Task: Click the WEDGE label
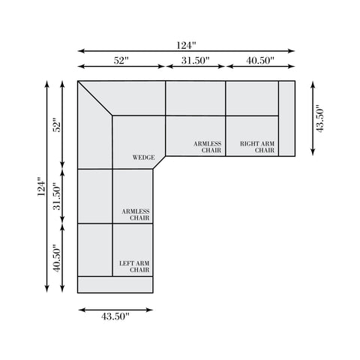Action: point(143,157)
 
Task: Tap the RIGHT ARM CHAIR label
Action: point(257,147)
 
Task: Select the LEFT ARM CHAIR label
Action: point(134,266)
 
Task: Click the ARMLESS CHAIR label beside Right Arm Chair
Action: point(208,147)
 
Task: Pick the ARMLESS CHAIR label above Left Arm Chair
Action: point(136,214)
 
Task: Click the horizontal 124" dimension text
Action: point(186,46)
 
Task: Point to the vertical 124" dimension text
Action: point(41,187)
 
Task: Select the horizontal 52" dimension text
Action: point(121,61)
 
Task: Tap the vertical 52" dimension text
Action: point(58,127)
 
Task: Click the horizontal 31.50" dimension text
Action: point(195,61)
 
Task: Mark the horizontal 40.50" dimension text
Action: point(260,61)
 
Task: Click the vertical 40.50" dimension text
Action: point(58,258)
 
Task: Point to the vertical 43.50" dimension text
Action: point(320,118)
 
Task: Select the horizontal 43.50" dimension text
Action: point(115,316)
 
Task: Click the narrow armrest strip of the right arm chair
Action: point(286,118)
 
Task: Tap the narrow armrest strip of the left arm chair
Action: point(115,284)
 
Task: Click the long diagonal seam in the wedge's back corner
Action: point(95,98)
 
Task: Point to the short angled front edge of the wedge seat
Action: point(159,163)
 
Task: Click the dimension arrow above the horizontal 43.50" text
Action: point(115,310)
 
